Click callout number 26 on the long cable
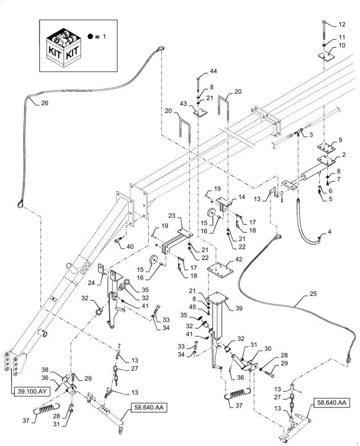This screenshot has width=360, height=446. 45,103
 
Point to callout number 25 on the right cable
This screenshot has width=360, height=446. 312,295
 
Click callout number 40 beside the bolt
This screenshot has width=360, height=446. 130,247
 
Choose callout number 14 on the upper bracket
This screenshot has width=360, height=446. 241,196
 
